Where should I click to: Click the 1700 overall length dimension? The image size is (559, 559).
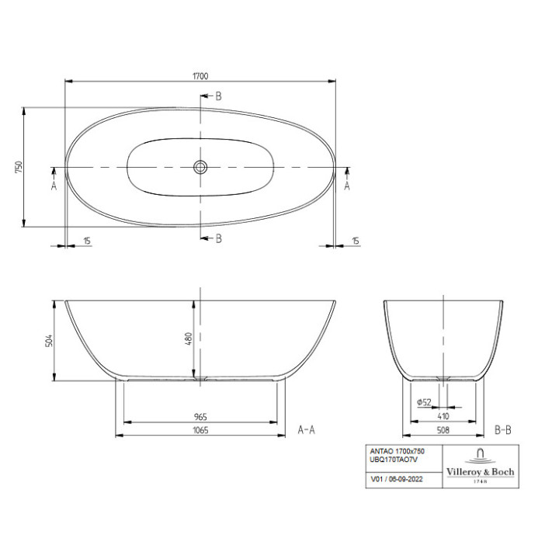200,75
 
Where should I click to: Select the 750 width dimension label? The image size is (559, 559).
19,167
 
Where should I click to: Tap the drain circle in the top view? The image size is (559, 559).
200,167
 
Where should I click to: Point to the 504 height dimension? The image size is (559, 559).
47,340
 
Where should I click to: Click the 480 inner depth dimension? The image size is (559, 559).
188,340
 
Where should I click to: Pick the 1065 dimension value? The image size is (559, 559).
200,430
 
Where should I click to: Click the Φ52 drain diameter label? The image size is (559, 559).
424,402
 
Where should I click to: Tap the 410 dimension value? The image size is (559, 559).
443,417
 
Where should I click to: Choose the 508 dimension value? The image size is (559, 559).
443,430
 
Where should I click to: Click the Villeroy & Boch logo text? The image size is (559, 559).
479,472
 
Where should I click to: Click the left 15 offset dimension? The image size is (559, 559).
87,241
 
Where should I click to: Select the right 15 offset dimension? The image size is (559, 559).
356,241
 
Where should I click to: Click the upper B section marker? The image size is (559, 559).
218,96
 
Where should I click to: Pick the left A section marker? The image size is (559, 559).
54,186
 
